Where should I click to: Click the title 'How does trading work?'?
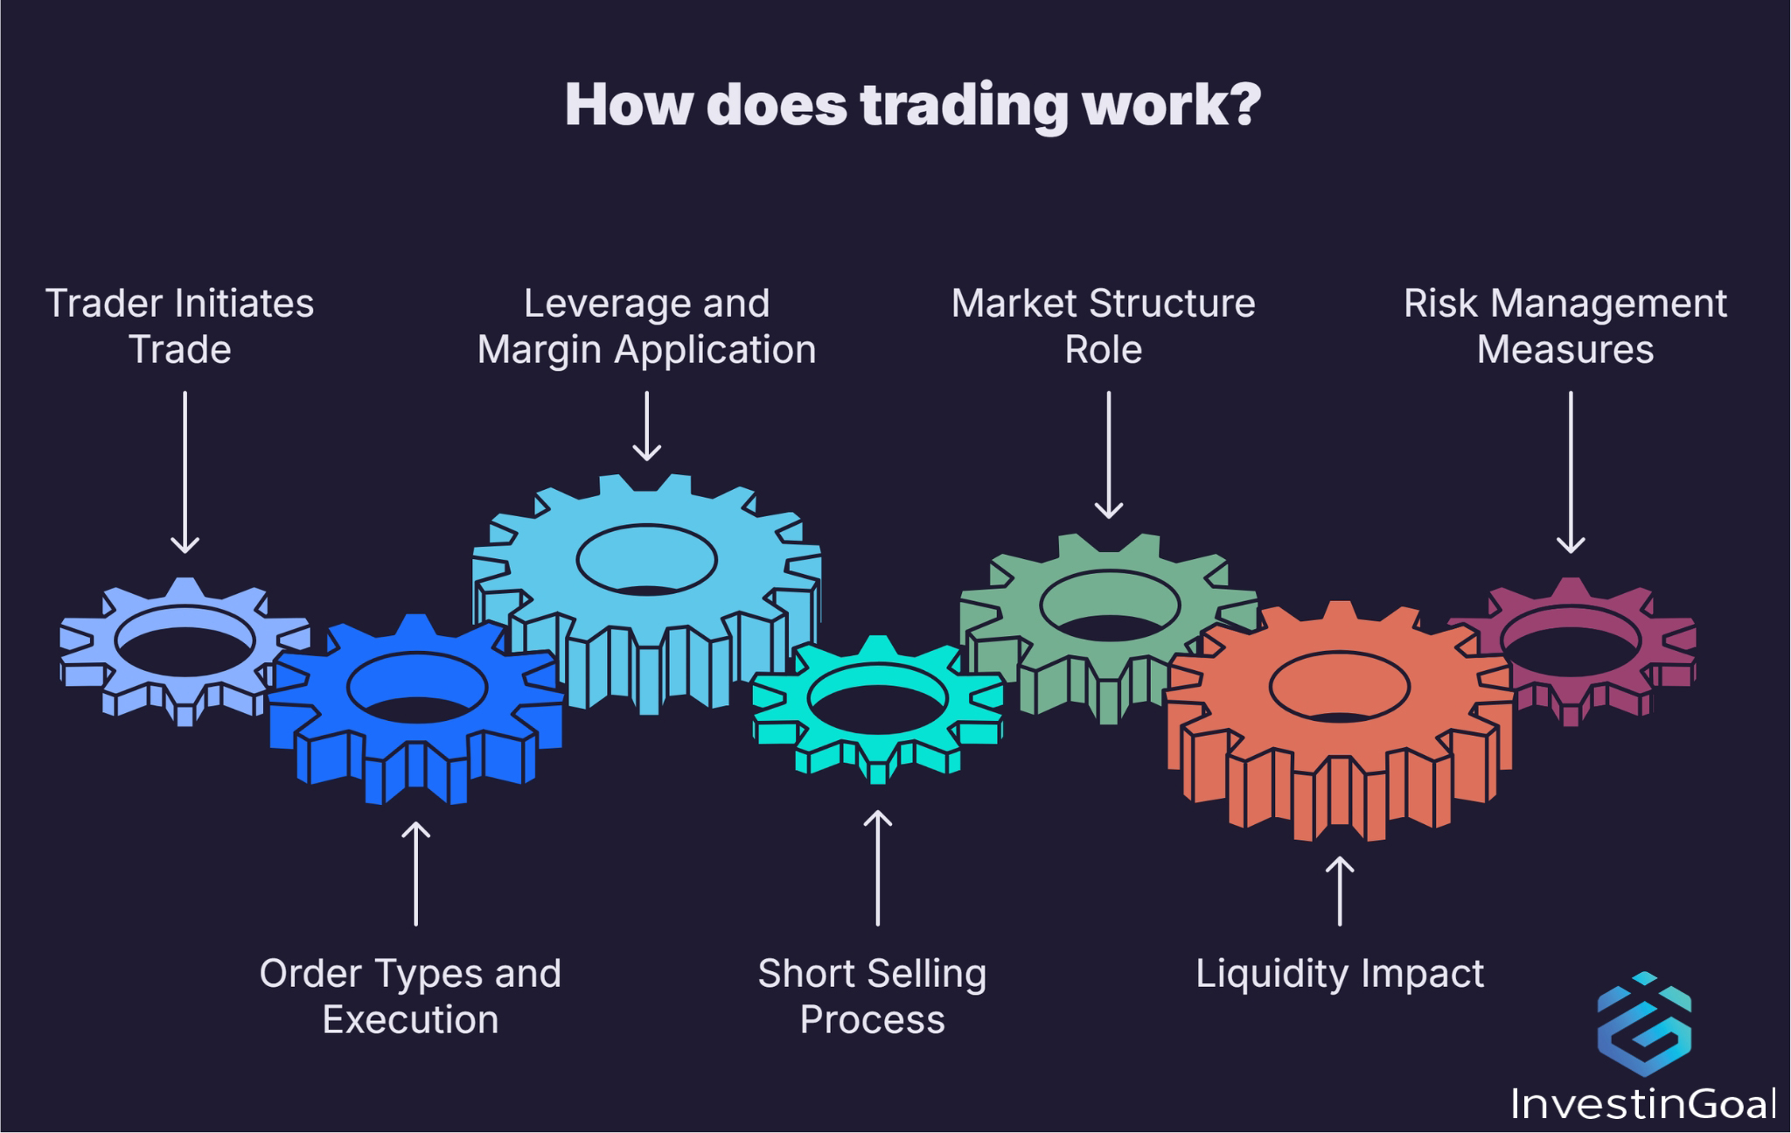click(x=912, y=105)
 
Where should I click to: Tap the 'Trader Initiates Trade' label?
click(x=179, y=326)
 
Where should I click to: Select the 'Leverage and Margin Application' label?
click(x=646, y=326)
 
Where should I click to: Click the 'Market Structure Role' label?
click(x=1103, y=326)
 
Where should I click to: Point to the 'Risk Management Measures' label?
click(x=1565, y=326)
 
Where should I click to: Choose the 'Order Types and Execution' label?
click(x=410, y=997)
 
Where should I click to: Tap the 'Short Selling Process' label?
click(x=872, y=997)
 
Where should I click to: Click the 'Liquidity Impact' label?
click(x=1339, y=974)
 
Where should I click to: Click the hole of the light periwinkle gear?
click(x=185, y=640)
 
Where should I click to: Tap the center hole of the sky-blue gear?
click(x=646, y=560)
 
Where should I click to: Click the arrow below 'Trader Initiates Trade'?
click(x=185, y=472)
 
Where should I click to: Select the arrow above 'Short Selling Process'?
click(x=877, y=867)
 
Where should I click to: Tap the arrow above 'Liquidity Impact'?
click(x=1339, y=891)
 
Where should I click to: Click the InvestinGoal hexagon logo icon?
click(x=1643, y=1024)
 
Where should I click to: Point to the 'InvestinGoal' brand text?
click(x=1643, y=1104)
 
